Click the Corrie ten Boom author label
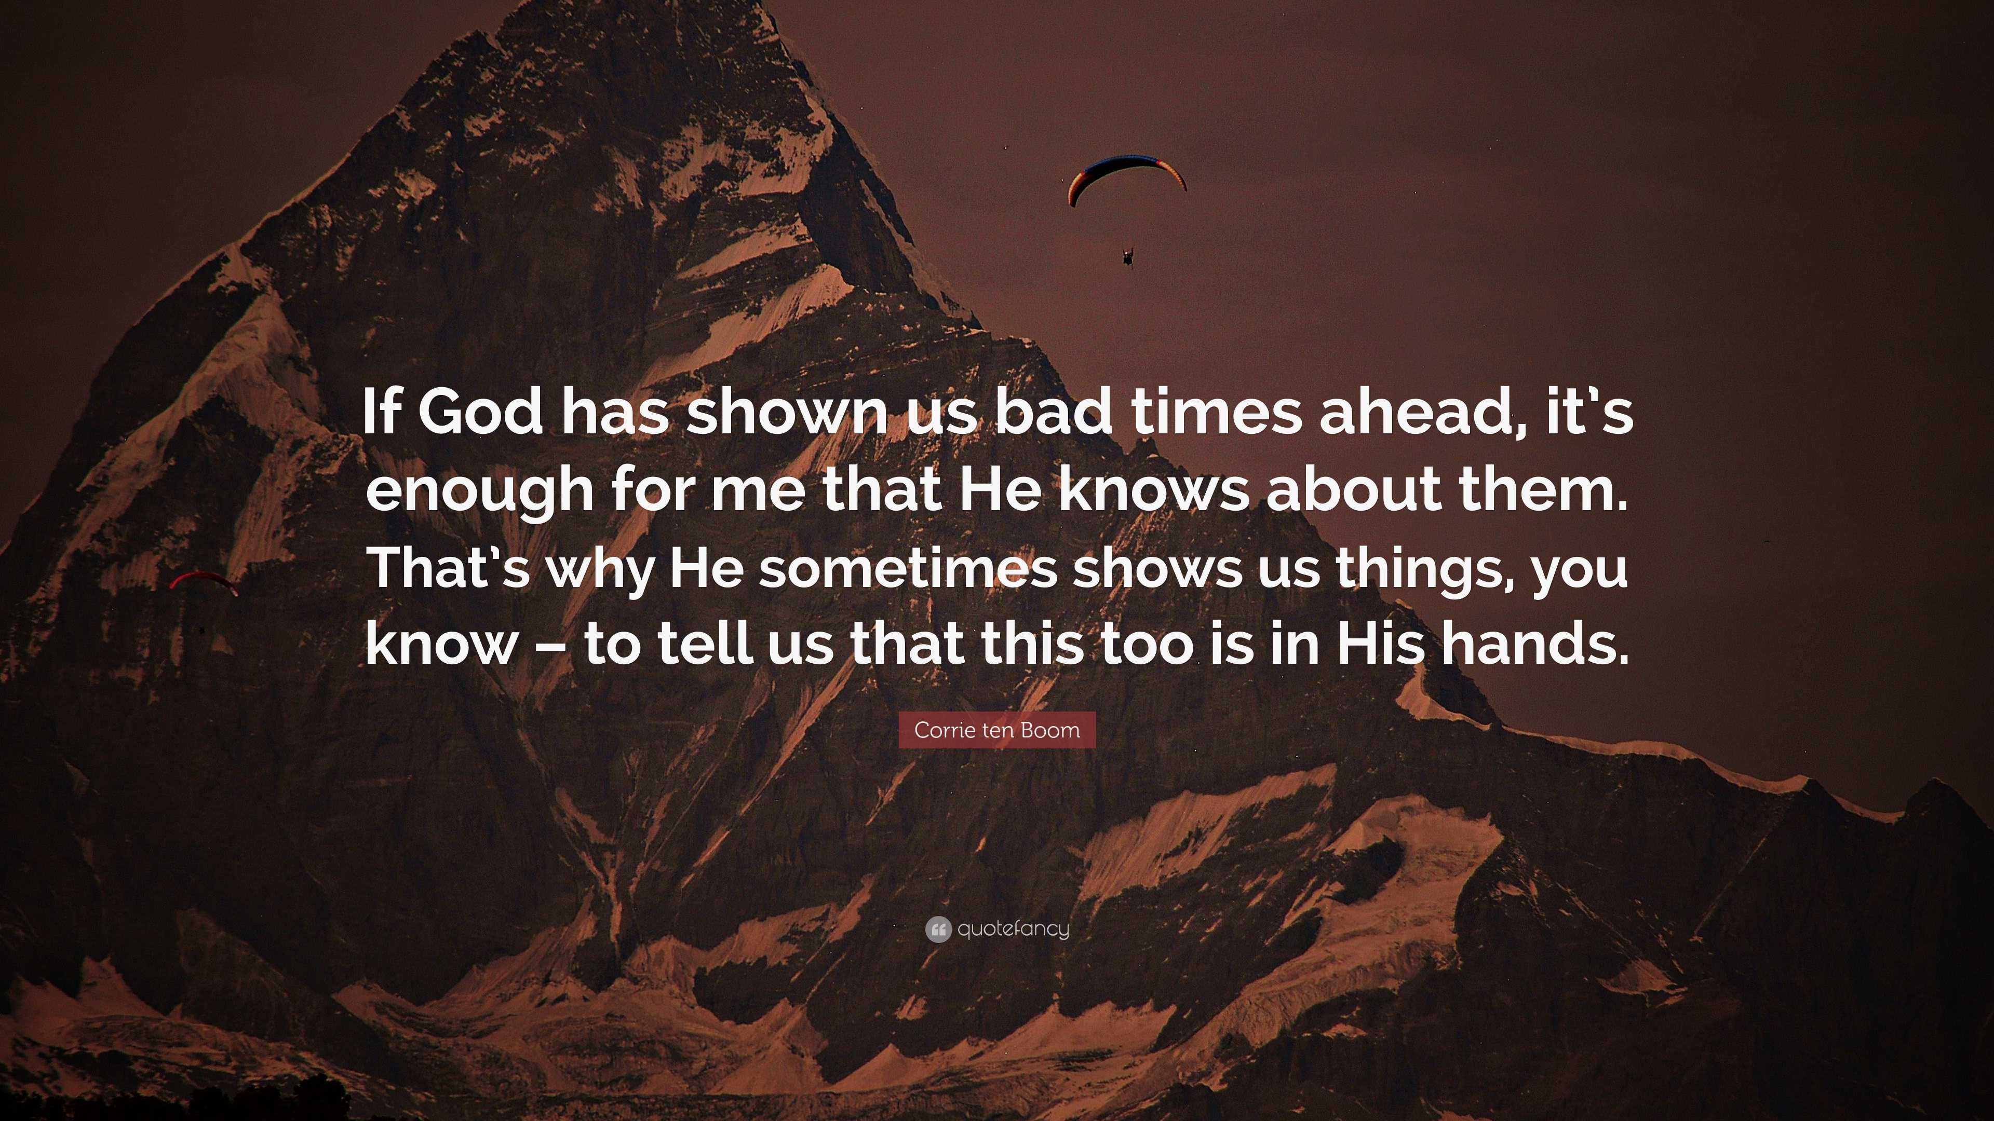pos(997,730)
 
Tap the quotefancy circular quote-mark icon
pos(937,929)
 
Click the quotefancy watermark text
pos(1013,929)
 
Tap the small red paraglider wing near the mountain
pos(204,582)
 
